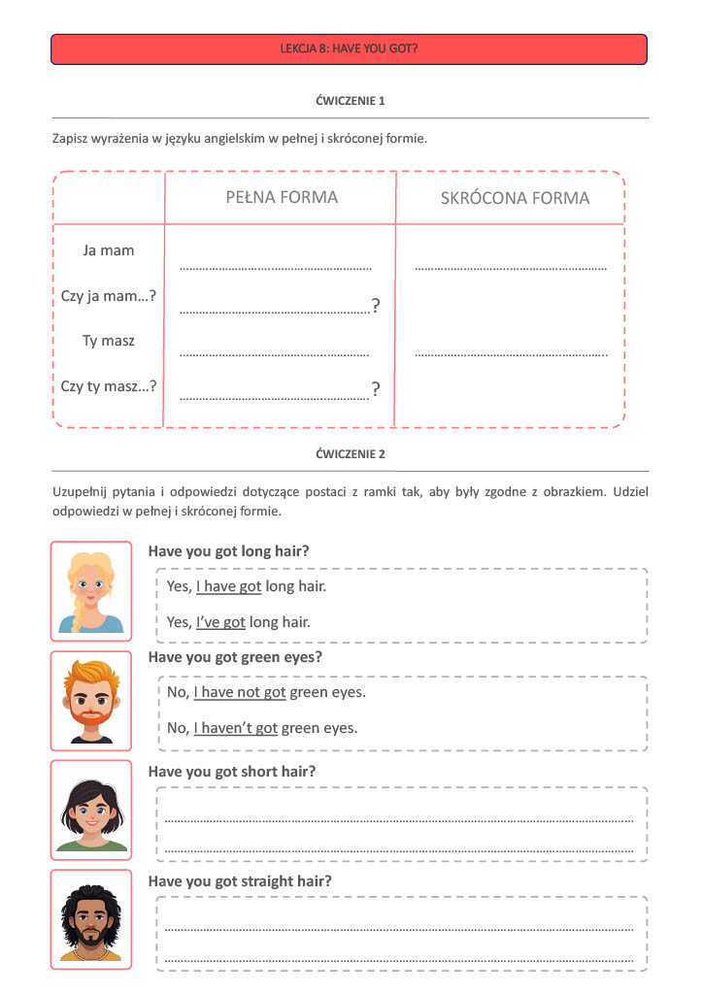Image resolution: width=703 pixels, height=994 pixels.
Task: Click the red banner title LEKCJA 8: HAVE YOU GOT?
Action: point(349,48)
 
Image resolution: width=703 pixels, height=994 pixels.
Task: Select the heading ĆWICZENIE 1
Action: point(351,101)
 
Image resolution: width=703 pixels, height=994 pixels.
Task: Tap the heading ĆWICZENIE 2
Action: point(351,454)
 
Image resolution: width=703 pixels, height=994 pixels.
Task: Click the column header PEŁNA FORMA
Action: point(282,197)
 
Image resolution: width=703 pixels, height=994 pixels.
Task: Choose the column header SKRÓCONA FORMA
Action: point(515,198)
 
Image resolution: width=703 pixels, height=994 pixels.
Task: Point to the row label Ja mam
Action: point(109,250)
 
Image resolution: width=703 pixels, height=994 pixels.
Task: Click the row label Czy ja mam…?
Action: point(109,296)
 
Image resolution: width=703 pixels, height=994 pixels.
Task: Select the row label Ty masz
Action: point(109,341)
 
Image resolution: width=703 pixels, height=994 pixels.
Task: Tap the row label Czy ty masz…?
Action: point(109,386)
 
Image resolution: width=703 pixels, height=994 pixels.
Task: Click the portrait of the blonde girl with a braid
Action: point(90,591)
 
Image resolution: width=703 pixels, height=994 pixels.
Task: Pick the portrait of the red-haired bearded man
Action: point(90,701)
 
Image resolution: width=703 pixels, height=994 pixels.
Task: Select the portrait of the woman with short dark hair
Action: point(90,811)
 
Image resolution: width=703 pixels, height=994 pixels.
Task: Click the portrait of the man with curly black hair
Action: point(90,919)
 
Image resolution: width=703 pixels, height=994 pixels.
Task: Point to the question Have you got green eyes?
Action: point(235,657)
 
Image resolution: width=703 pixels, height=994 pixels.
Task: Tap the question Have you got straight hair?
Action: point(240,881)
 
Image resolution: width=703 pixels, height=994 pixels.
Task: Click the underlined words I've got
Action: point(220,622)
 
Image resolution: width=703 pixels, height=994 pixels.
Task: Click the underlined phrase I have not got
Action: point(239,692)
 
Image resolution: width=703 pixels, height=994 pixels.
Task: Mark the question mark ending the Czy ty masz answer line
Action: point(376,390)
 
